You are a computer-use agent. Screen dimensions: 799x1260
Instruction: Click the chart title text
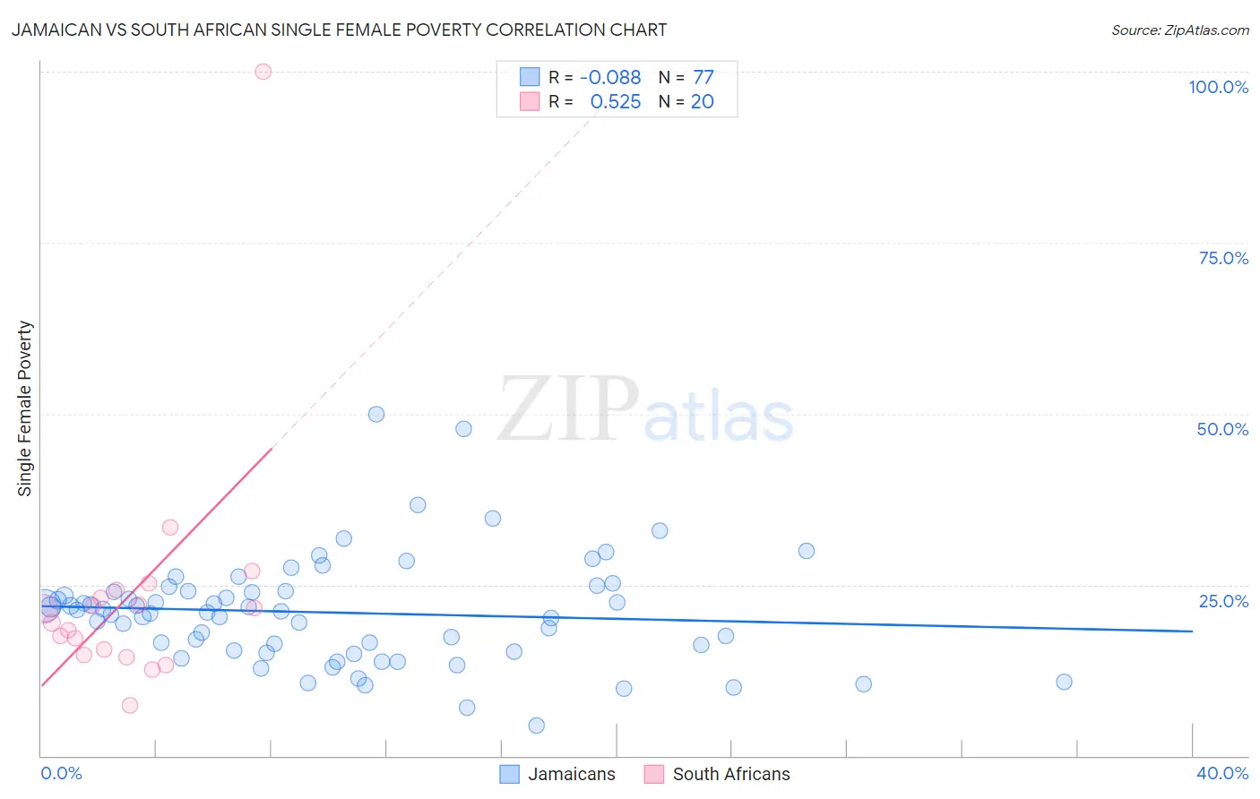click(x=339, y=30)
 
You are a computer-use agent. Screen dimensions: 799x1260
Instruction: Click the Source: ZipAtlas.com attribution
click(x=1179, y=30)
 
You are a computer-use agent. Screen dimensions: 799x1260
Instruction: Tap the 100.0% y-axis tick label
click(x=1218, y=87)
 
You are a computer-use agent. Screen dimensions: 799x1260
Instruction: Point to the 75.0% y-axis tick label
click(x=1223, y=258)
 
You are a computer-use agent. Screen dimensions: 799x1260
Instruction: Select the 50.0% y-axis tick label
click(x=1222, y=429)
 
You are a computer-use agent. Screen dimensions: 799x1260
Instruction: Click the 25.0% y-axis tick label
click(x=1223, y=600)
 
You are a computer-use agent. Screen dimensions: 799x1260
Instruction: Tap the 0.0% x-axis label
click(x=61, y=773)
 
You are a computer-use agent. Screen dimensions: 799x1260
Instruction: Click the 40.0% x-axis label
click(x=1221, y=773)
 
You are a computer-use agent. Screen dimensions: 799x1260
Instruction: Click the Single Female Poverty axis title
click(x=25, y=408)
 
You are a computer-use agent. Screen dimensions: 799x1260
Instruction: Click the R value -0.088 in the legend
click(x=610, y=78)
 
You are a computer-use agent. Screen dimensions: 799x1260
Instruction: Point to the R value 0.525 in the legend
click(x=615, y=102)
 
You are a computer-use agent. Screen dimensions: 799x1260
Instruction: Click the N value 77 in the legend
click(x=703, y=78)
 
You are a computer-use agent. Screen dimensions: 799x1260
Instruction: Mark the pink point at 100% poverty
click(x=263, y=72)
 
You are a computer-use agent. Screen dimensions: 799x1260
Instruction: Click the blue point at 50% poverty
click(x=376, y=414)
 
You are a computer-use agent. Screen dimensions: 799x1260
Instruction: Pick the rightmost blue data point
click(x=1064, y=682)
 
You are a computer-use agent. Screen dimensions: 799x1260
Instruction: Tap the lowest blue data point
click(x=536, y=726)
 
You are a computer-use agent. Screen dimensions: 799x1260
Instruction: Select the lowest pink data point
click(x=130, y=705)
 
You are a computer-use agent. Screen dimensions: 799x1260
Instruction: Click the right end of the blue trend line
click(x=1192, y=631)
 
